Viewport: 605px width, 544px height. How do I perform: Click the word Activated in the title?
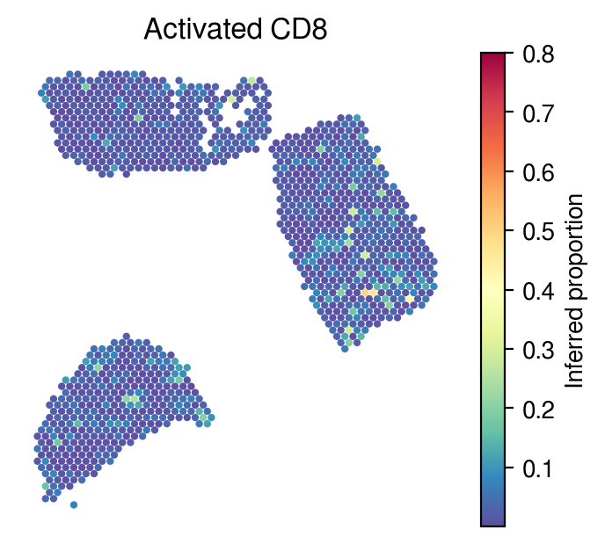pyautogui.click(x=203, y=29)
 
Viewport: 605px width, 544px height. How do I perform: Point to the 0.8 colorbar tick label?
pyautogui.click(x=538, y=54)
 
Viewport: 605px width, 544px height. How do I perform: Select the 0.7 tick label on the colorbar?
pyautogui.click(x=538, y=113)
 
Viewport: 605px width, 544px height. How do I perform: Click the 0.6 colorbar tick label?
pyautogui.click(x=538, y=173)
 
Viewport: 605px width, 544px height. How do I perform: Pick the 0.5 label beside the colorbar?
pyautogui.click(x=538, y=232)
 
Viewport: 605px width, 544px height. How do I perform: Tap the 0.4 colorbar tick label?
pyautogui.click(x=538, y=292)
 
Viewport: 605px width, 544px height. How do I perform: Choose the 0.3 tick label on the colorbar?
pyautogui.click(x=538, y=351)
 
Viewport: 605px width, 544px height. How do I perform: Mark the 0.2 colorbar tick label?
pyautogui.click(x=538, y=410)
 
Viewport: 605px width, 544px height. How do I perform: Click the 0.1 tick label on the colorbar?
pyautogui.click(x=538, y=469)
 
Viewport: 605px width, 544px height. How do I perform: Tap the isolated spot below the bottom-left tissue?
pyautogui.click(x=74, y=504)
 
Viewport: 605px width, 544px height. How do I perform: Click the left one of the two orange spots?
pyautogui.click(x=365, y=293)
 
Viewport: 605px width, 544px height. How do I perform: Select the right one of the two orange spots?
pyautogui.click(x=373, y=293)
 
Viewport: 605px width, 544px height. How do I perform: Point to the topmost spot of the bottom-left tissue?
pyautogui.click(x=126, y=337)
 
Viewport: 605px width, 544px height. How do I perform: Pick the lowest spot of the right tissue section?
pyautogui.click(x=345, y=349)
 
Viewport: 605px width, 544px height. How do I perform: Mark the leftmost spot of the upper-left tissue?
pyautogui.click(x=41, y=93)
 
